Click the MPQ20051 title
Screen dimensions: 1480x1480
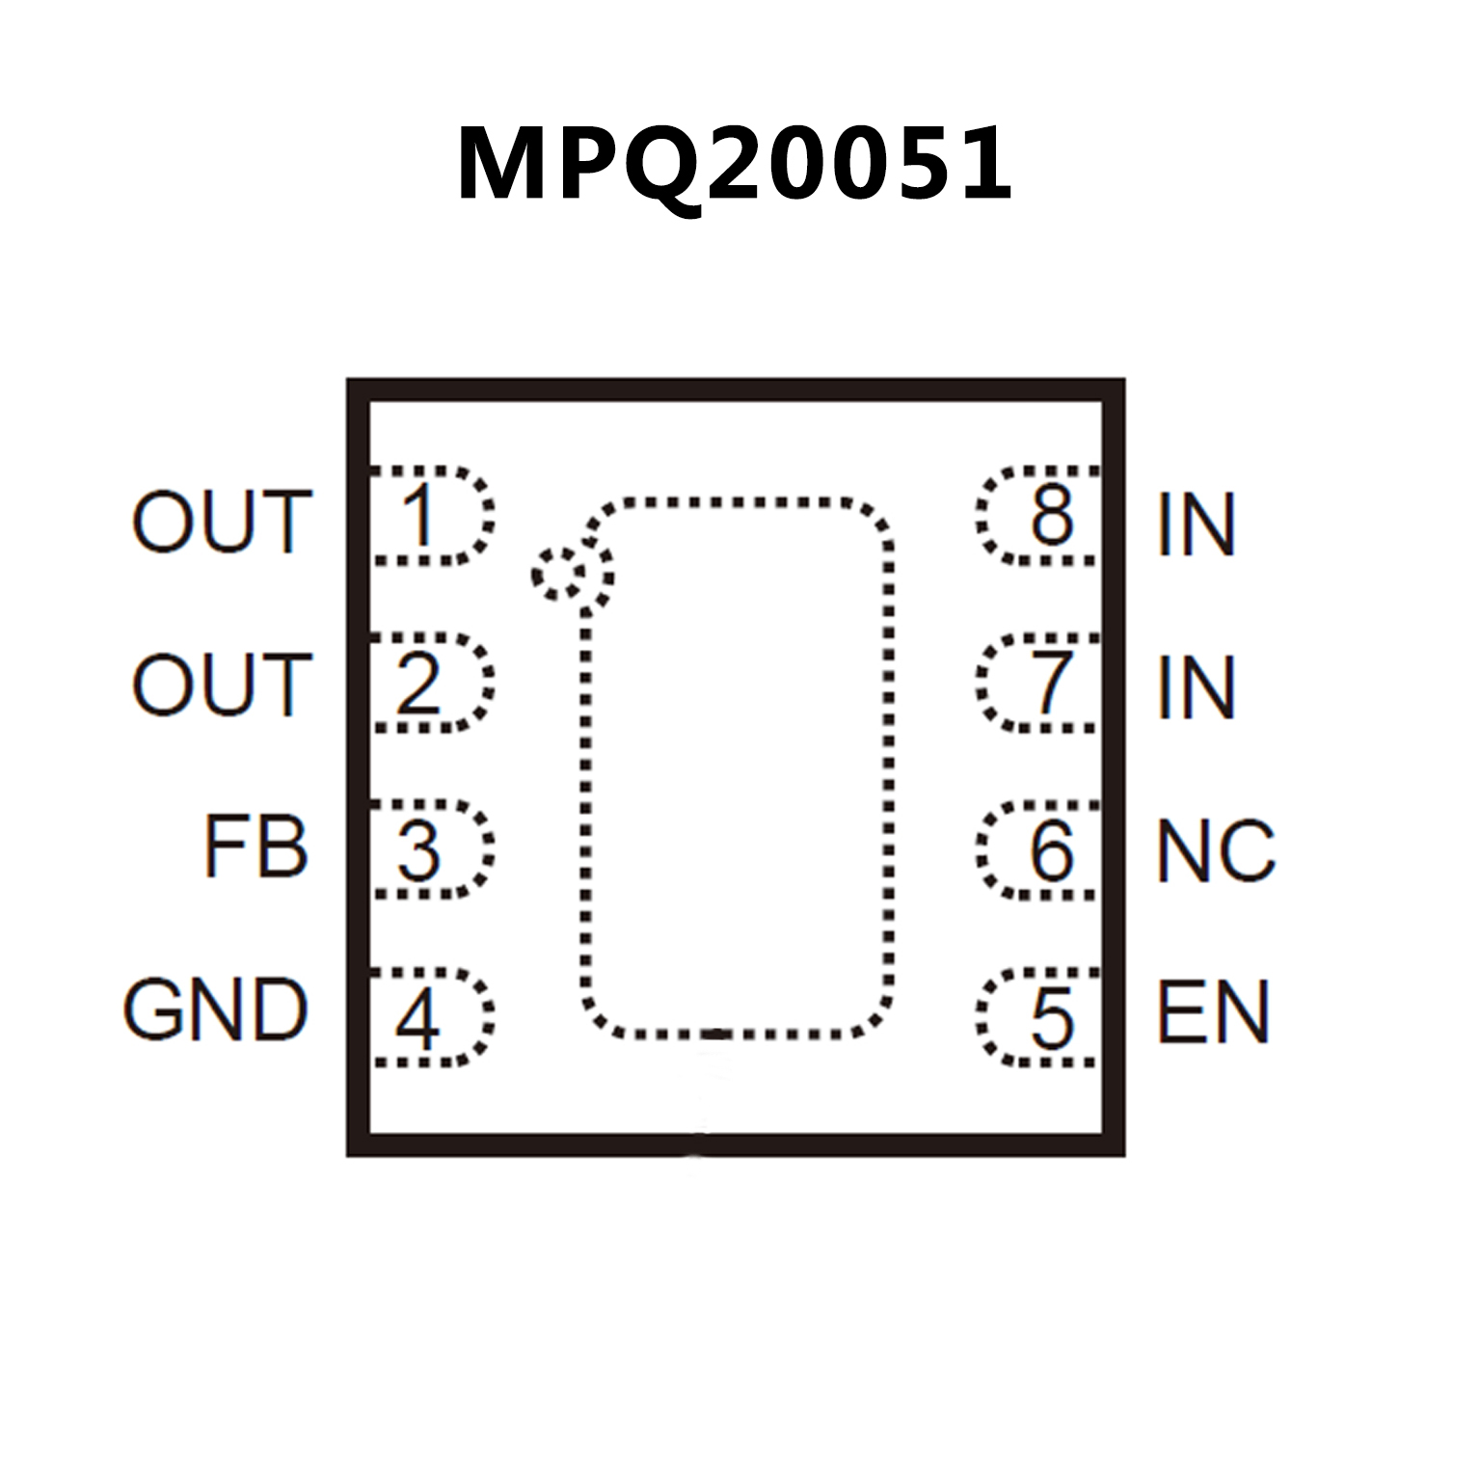coord(735,164)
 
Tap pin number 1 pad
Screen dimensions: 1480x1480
coord(430,516)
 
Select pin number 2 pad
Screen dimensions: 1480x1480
coord(430,683)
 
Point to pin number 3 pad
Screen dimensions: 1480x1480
coord(430,849)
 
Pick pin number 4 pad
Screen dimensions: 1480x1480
coord(430,1017)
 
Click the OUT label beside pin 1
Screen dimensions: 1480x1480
coord(222,522)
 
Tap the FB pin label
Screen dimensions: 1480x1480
coord(256,848)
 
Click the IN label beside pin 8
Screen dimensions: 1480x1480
coord(1197,525)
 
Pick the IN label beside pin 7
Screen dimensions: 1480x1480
coord(1197,687)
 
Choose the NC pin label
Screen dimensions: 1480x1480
coord(1216,850)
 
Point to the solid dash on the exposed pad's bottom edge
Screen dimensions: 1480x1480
coord(714,1035)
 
